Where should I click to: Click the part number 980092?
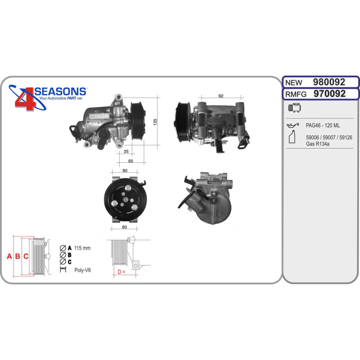[329, 82]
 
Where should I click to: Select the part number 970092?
[329, 94]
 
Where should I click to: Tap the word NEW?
[294, 83]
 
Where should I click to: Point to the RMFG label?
[296, 94]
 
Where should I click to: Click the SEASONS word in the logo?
[60, 91]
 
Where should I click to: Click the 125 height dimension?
[155, 121]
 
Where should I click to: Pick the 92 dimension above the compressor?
[220, 96]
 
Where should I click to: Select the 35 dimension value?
[126, 151]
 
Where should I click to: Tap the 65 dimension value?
[130, 161]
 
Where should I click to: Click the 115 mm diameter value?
[82, 248]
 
